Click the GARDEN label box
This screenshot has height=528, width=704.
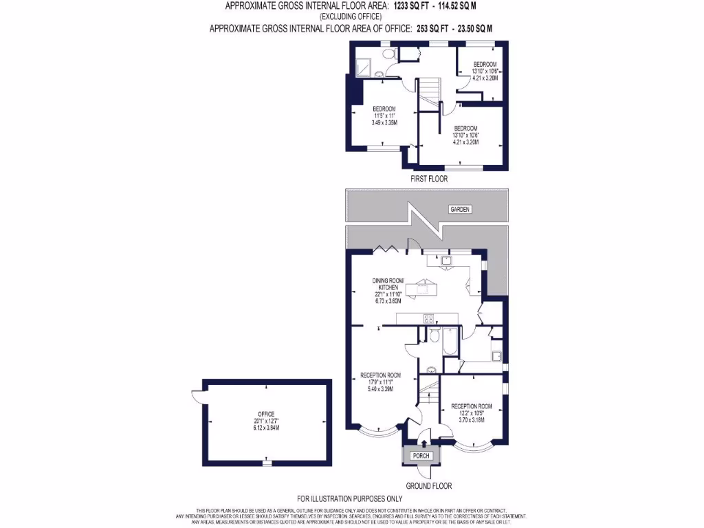pos(460,209)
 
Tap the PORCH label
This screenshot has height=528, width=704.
pos(421,456)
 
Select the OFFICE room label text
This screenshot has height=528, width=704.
pos(267,414)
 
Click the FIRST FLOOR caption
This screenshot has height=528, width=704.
pos(428,179)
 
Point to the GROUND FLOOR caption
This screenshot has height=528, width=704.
pos(428,485)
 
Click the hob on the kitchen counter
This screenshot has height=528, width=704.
pos(428,318)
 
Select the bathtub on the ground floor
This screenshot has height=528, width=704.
pos(450,341)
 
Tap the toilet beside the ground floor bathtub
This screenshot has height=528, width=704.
pos(434,335)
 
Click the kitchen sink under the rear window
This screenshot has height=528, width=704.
pos(445,260)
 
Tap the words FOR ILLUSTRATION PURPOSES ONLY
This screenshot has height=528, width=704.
pos(349,498)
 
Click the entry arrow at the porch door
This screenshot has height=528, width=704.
pos(421,442)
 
